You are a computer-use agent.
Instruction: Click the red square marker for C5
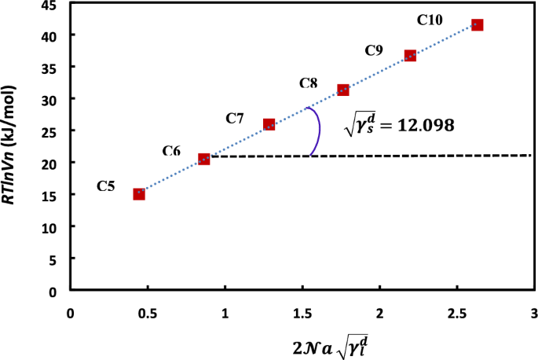click(x=139, y=194)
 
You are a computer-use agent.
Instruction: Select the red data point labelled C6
click(x=204, y=159)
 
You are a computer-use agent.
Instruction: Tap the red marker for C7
click(x=269, y=124)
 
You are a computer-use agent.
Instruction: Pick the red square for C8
click(x=342, y=90)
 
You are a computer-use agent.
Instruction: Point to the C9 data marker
click(x=410, y=56)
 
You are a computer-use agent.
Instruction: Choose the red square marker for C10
click(x=477, y=25)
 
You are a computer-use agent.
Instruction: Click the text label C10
click(x=430, y=20)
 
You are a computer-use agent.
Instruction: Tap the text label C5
click(x=107, y=186)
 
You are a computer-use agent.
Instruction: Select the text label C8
click(x=309, y=83)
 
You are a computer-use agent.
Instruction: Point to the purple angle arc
click(x=316, y=130)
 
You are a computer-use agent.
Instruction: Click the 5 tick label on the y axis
click(x=53, y=259)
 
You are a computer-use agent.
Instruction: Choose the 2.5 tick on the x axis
click(x=456, y=313)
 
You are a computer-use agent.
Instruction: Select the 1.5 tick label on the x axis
click(x=302, y=313)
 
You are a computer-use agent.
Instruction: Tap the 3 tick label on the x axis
click(x=533, y=313)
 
